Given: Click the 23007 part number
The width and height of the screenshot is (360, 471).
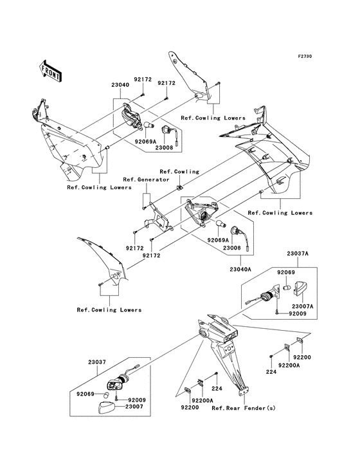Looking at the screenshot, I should [134, 407].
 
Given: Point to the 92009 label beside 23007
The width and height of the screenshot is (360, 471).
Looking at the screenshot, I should [137, 400].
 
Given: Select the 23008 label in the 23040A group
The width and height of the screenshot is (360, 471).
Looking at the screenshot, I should [233, 246].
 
